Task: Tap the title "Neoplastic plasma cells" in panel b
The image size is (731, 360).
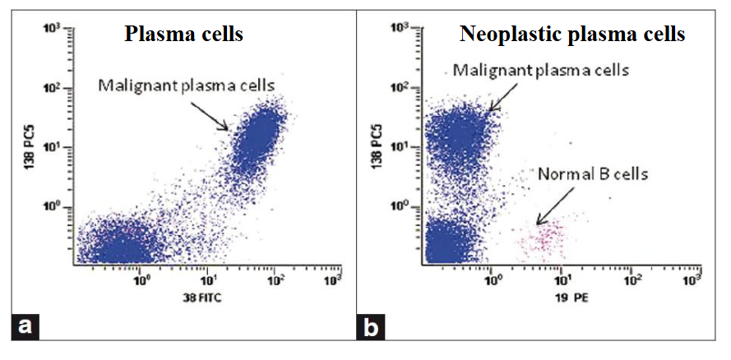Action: (x=572, y=35)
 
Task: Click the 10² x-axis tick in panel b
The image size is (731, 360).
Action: (x=632, y=279)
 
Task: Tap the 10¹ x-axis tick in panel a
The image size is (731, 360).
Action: (x=209, y=279)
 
